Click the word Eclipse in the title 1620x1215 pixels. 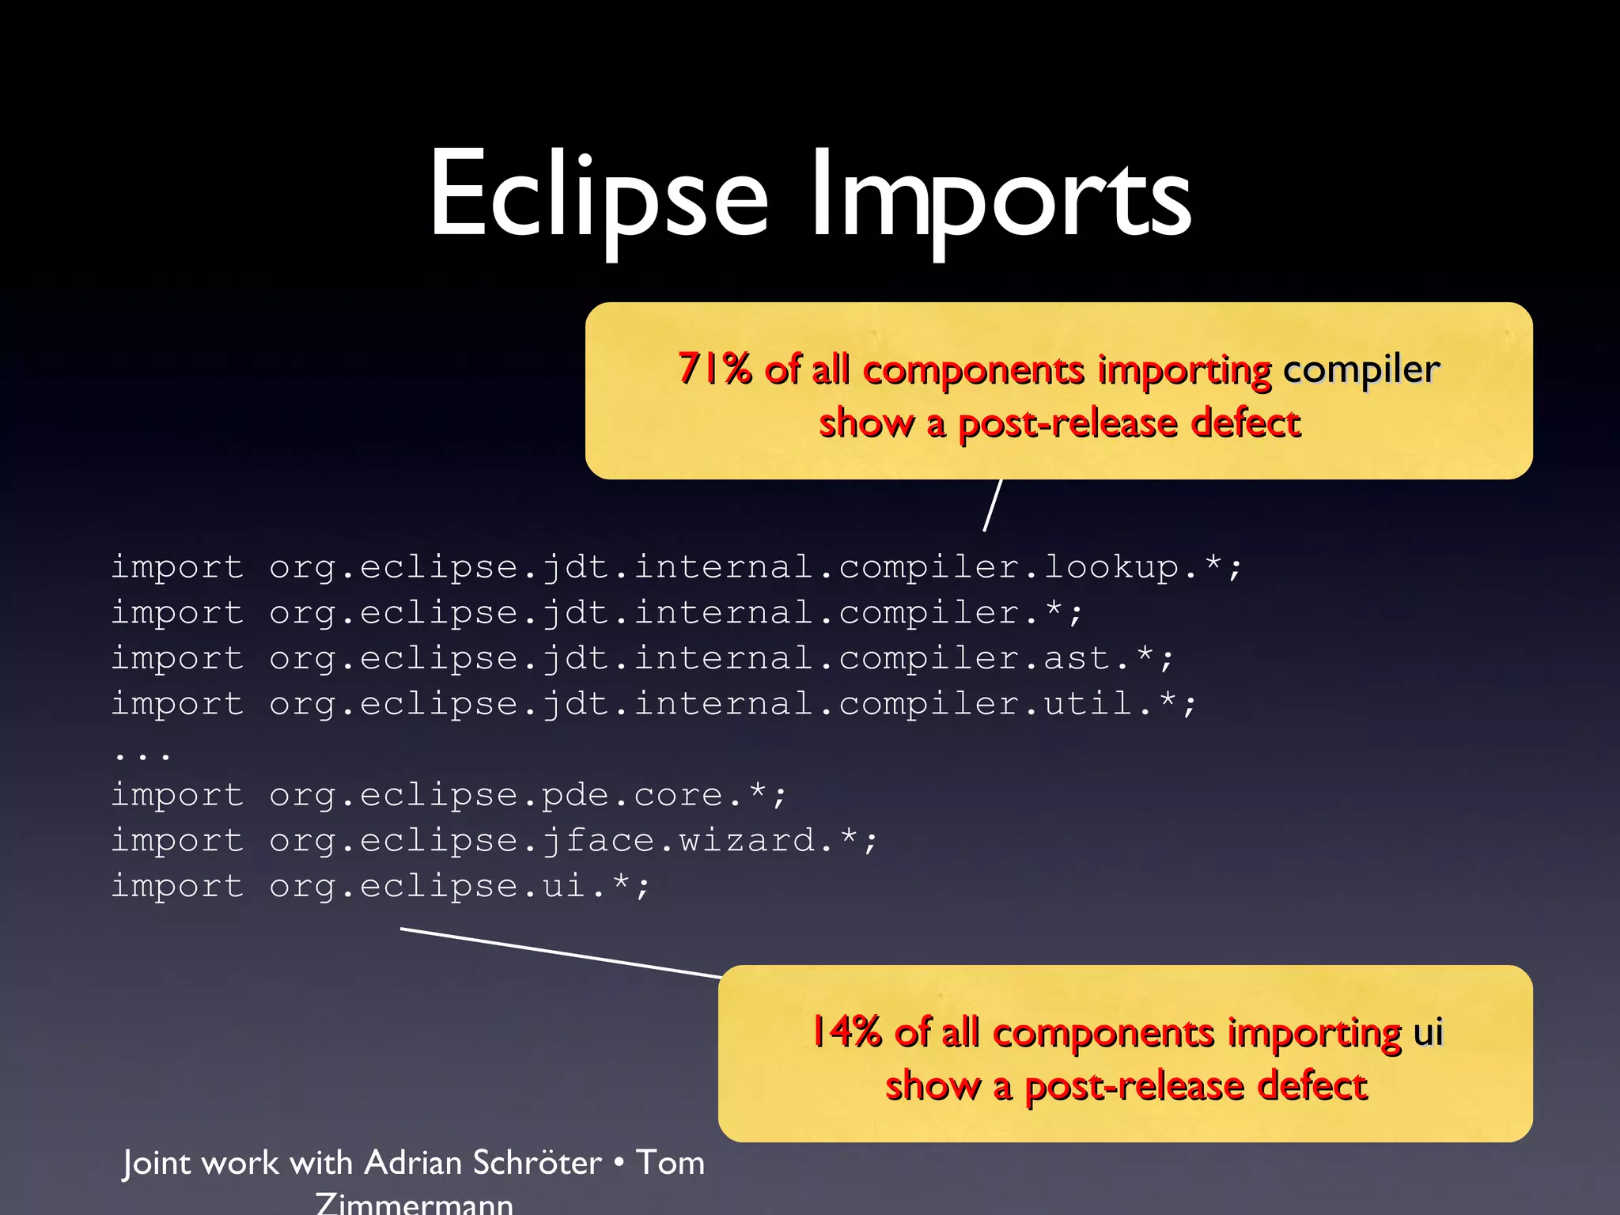tap(598, 196)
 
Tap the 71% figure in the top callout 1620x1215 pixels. tap(714, 369)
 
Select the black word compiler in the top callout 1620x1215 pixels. tap(1361, 370)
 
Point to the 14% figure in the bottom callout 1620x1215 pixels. tap(846, 1031)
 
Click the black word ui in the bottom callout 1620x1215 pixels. tap(1429, 1031)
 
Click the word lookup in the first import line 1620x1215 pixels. tap(1111, 566)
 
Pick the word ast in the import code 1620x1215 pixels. tap(1077, 658)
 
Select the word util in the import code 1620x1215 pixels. tap(1089, 703)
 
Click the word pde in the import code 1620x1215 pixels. tap(574, 795)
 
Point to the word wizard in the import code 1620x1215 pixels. tap(746, 840)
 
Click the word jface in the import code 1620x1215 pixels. tap(598, 840)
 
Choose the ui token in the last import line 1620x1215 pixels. tap(563, 886)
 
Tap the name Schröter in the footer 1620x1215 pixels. tap(537, 1163)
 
